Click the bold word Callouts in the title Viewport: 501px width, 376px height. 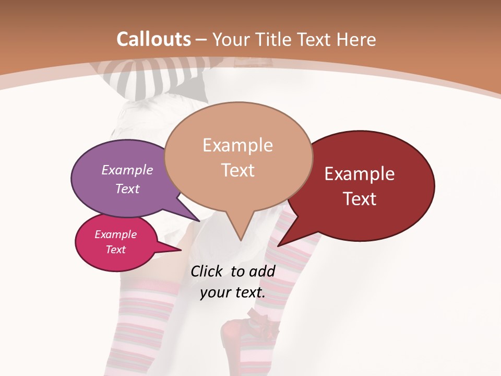pos(154,39)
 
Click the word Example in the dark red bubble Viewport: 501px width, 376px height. pos(360,174)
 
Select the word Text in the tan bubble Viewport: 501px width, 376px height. pos(238,170)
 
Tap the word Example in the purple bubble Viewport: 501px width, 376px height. pos(127,170)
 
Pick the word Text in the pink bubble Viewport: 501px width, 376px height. pos(116,249)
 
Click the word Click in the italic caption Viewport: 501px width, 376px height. pos(207,271)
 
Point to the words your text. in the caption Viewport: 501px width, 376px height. pos(233,292)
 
